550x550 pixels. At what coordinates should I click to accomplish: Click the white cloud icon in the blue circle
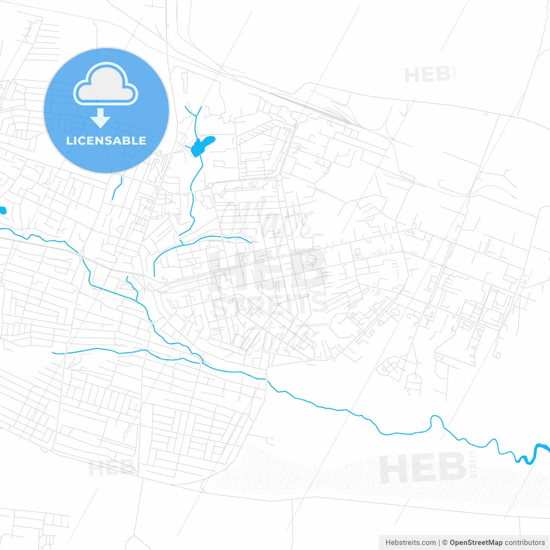tap(106, 84)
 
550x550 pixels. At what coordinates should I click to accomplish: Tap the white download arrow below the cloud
tap(100, 118)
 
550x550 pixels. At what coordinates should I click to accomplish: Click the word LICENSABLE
tap(106, 141)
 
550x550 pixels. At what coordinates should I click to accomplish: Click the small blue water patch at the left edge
tap(3, 210)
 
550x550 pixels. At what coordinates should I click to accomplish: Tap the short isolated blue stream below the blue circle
tap(117, 188)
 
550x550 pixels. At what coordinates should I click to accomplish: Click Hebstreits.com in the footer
tap(410, 542)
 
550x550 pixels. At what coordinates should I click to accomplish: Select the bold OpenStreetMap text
tap(476, 542)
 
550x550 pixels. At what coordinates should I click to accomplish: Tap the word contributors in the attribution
tap(525, 542)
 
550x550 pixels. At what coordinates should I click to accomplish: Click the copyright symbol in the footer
tap(445, 542)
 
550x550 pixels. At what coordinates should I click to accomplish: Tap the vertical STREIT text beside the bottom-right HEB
tap(474, 464)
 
